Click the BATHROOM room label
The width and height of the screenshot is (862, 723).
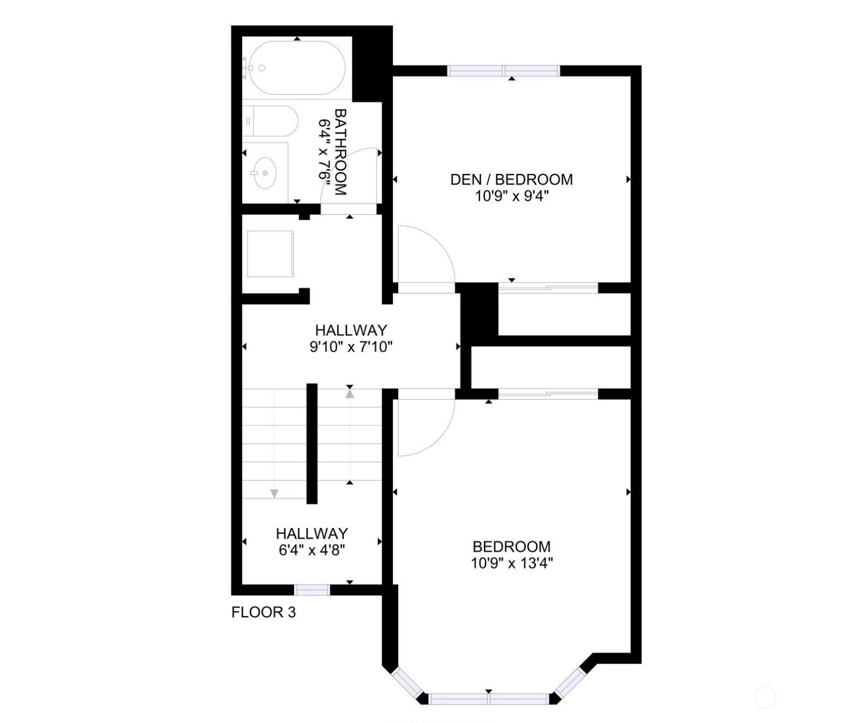[340, 152]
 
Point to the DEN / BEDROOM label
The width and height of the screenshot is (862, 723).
[511, 179]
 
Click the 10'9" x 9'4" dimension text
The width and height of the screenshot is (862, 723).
[511, 196]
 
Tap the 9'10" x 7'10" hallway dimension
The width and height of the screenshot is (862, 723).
[351, 347]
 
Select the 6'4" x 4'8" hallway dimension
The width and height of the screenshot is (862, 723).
[312, 550]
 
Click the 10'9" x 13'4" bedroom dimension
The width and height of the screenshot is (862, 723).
[512, 563]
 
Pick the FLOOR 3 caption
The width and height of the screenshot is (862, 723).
[264, 612]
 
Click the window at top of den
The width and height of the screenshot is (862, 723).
[504, 70]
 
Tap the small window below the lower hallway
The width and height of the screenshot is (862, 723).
[312, 589]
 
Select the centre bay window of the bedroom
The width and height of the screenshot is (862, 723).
[488, 699]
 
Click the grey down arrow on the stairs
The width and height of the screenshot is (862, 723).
[274, 493]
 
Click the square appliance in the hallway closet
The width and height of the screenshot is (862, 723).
[271, 254]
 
